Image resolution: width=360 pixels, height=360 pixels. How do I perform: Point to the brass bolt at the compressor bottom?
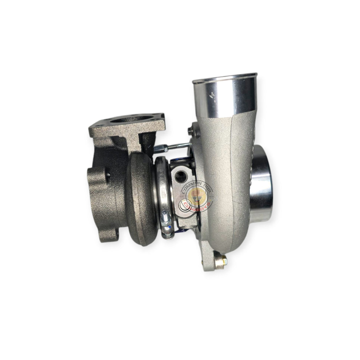pos(220,261)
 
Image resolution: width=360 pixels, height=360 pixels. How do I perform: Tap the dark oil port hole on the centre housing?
pos(180,177)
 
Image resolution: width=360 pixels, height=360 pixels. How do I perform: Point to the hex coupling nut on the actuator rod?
pos(160,148)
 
